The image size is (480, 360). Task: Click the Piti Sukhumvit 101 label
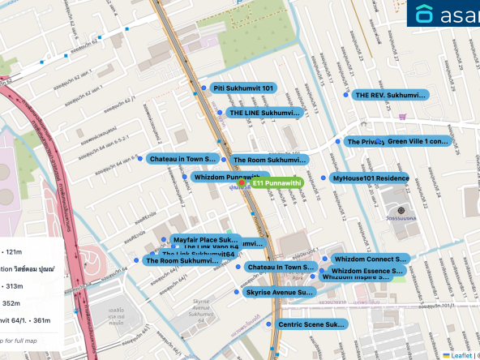pyautogui.click(x=243, y=88)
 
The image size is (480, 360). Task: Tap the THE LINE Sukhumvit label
pyautogui.click(x=264, y=113)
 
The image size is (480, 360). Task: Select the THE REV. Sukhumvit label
pyautogui.click(x=390, y=96)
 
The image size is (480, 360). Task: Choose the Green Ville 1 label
pyautogui.click(x=418, y=141)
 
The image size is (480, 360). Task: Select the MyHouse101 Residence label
pyautogui.click(x=371, y=178)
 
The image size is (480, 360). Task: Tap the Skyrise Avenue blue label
pyautogui.click(x=278, y=292)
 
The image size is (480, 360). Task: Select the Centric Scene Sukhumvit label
pyautogui.click(x=311, y=324)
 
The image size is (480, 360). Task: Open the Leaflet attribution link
pyautogui.click(x=462, y=354)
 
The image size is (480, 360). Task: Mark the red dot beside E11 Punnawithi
pyautogui.click(x=242, y=184)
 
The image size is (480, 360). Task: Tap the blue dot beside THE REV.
pyautogui.click(x=346, y=96)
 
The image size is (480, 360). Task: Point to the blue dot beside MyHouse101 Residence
pyautogui.click(x=324, y=178)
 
